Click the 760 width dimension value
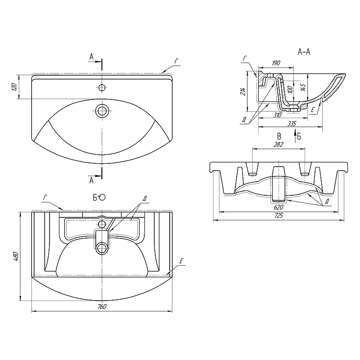coord(102,306)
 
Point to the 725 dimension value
coord(279,216)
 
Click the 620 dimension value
coord(279,207)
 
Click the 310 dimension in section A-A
coord(277,115)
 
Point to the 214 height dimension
coord(243,92)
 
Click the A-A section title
coord(304,52)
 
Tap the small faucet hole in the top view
coord(102,87)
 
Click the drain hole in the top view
coord(102,110)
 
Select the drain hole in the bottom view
coord(102,247)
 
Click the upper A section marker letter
coord(91,57)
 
